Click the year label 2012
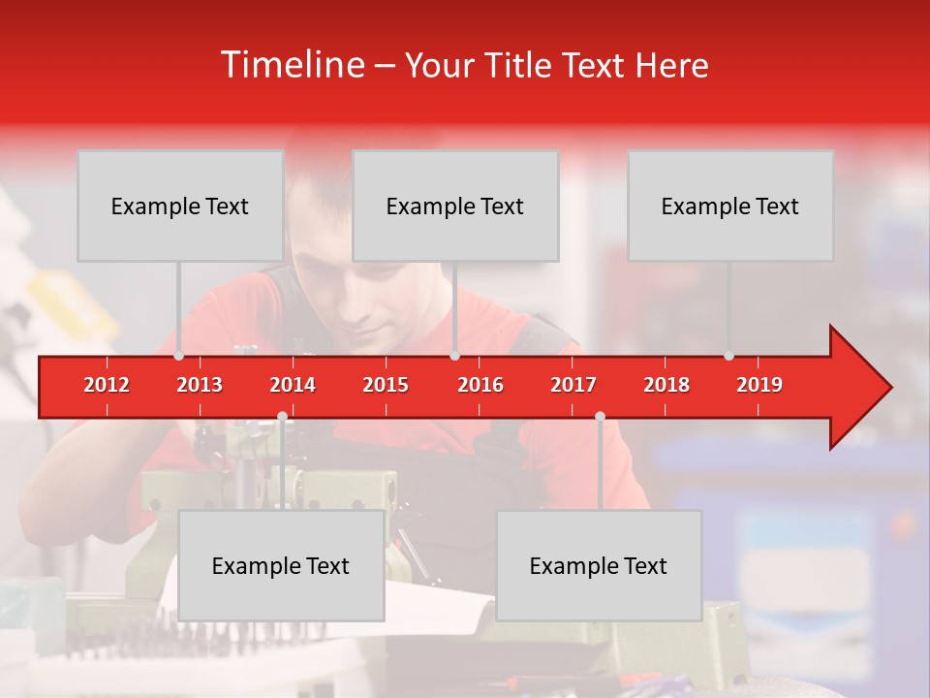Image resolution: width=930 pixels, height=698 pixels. coord(107,385)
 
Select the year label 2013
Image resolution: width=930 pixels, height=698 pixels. coord(200,385)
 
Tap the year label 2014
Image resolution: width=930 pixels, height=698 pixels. coord(293,385)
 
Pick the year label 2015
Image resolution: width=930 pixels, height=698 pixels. coord(386,385)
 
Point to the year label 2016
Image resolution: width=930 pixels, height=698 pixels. coord(480,385)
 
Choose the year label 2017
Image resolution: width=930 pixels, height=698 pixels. coord(573,385)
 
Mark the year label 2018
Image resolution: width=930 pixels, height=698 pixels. coord(666,385)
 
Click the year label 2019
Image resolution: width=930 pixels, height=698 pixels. coord(759,385)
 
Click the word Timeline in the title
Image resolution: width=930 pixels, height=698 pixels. coord(291,65)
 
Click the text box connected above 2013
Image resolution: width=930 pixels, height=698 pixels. coord(180,206)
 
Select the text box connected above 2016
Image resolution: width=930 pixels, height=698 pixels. coord(455,206)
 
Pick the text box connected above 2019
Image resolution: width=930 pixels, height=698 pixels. coord(730,206)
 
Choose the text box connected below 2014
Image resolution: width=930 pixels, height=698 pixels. coord(281,565)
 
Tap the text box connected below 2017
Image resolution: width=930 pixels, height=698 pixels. coord(599,565)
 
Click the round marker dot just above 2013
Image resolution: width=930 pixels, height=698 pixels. coord(179,356)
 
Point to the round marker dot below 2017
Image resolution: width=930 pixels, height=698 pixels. coord(600,416)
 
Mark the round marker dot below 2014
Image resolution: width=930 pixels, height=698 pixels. coord(282,416)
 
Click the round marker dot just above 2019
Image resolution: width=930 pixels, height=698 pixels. coord(729,356)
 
